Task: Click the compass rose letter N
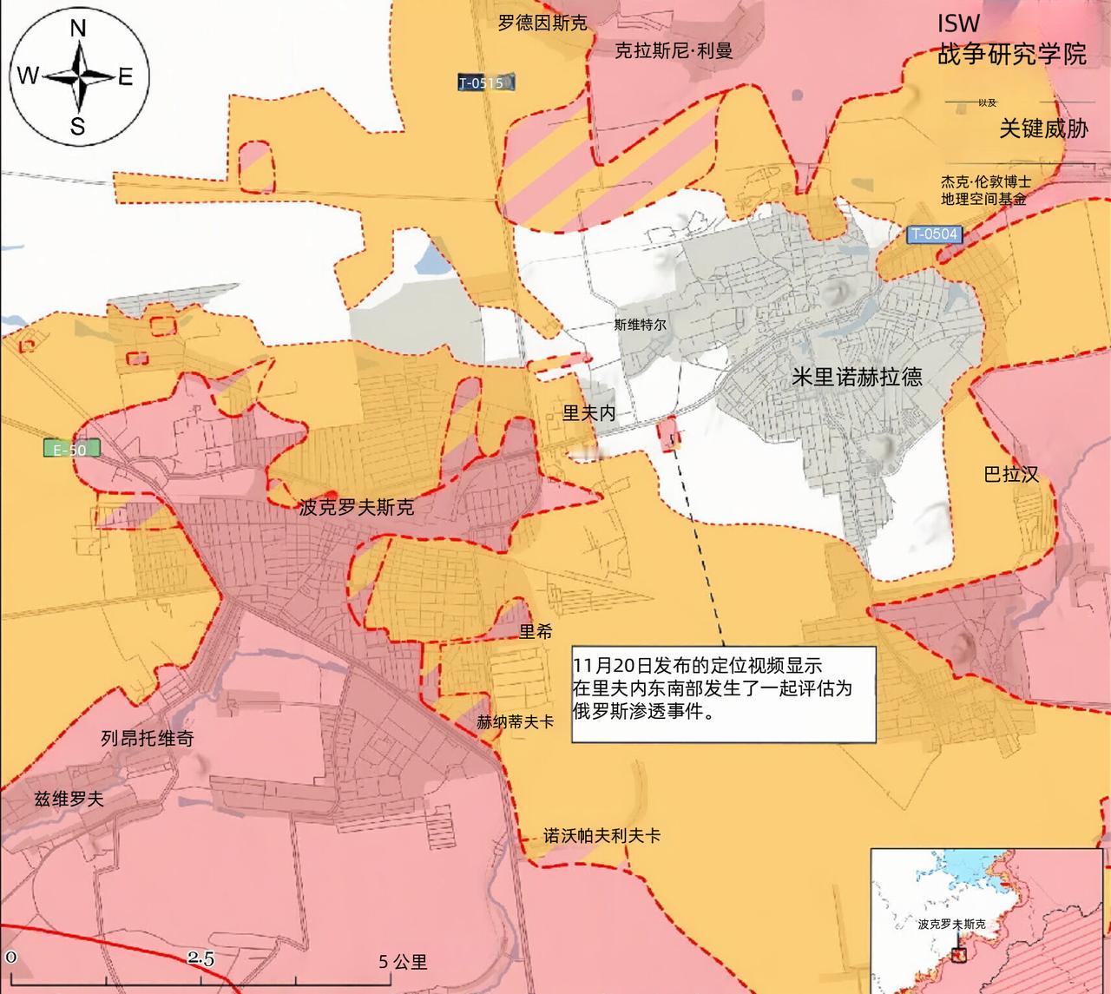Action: (x=77, y=29)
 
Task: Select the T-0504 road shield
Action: (x=935, y=234)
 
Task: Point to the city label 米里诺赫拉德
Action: (x=857, y=377)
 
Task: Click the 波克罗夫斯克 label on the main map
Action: (x=356, y=508)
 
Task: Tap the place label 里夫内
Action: (x=588, y=413)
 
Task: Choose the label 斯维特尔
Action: (x=640, y=325)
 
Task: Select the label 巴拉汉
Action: (x=1011, y=475)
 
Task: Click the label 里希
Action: (x=536, y=631)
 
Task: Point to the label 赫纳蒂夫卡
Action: (x=515, y=721)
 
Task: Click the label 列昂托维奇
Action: (x=147, y=739)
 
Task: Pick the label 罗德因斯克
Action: (x=542, y=23)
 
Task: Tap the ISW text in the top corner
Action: (x=957, y=23)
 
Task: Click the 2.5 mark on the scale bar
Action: (x=201, y=959)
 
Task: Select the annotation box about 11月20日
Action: (x=723, y=693)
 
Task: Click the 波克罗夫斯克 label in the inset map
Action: (x=952, y=925)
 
